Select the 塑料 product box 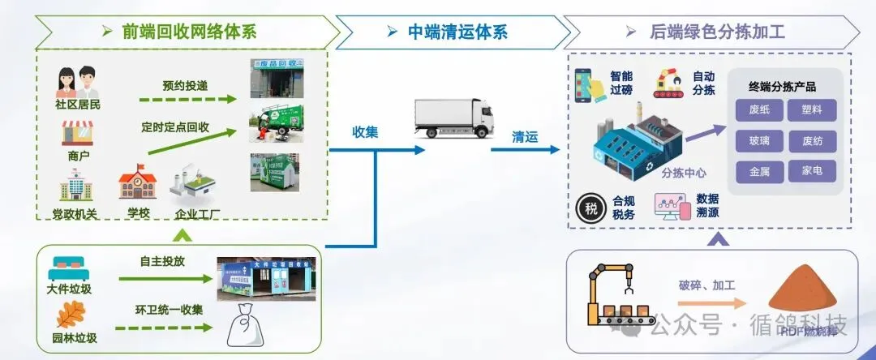click(x=812, y=109)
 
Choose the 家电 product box click(x=812, y=171)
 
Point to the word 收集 click(x=365, y=131)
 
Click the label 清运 click(x=525, y=137)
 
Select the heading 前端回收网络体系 click(x=189, y=32)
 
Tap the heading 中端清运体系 click(x=457, y=32)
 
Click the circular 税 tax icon click(x=591, y=208)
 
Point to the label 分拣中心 click(x=684, y=172)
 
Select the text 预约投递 click(x=185, y=84)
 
